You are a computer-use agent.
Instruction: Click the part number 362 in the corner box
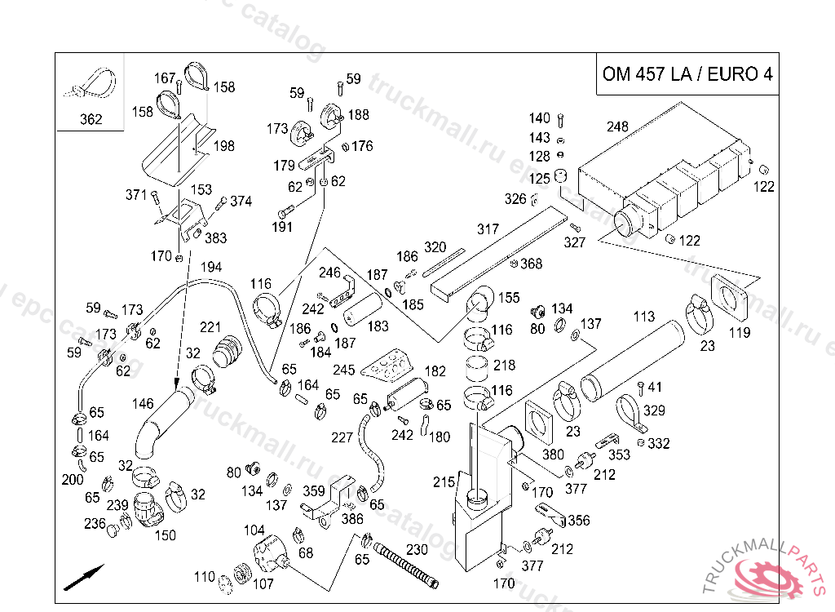point(91,120)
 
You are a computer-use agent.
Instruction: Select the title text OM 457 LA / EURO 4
point(687,74)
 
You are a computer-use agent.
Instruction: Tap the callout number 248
point(618,126)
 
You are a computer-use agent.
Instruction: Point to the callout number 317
point(488,229)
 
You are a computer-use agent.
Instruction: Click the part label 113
point(644,316)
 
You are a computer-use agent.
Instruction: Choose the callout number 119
point(740,332)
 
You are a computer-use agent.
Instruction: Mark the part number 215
point(444,482)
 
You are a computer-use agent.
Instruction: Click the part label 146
point(143,403)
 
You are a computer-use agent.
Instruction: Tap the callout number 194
point(211,267)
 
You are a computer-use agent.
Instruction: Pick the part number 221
point(210,327)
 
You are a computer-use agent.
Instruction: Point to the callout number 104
point(254,530)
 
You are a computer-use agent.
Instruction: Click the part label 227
point(342,437)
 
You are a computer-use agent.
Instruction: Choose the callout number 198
point(224,146)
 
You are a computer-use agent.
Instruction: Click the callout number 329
point(655,410)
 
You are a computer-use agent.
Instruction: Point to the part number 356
point(579,521)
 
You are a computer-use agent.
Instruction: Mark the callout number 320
point(435,247)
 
